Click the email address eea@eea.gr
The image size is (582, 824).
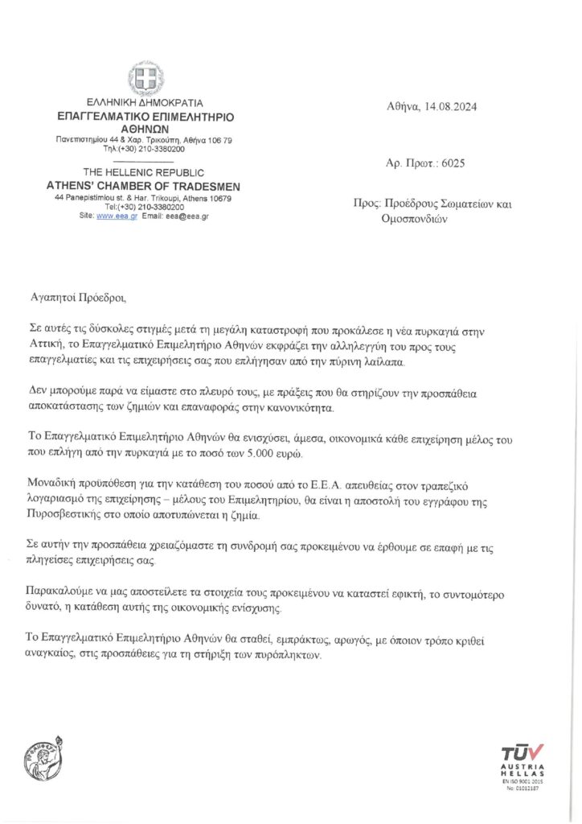click(186, 216)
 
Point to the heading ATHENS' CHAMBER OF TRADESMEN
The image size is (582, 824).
click(144, 187)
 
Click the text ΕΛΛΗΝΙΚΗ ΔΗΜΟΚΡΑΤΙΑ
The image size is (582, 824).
click(145, 103)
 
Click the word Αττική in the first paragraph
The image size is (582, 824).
click(44, 344)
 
